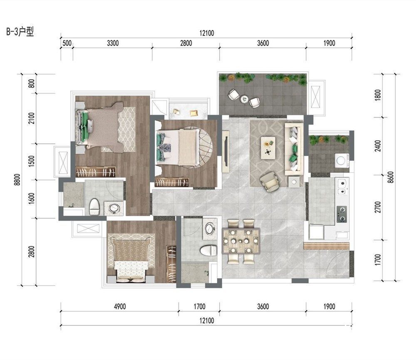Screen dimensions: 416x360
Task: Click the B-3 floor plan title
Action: point(20,32)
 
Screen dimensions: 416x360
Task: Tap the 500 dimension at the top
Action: point(67,43)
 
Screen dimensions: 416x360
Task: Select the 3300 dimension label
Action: point(113,43)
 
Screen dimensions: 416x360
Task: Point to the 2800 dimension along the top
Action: point(186,43)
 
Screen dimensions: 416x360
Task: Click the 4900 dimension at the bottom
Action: point(120,306)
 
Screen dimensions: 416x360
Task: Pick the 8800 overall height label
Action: point(17,180)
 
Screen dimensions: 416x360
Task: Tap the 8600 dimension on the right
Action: point(390,177)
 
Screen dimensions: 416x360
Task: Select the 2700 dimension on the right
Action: point(378,207)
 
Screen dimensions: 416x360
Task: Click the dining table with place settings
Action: point(241,241)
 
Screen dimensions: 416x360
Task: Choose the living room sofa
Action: point(294,149)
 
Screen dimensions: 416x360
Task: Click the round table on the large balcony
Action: point(244,99)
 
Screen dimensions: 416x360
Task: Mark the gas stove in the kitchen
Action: point(342,214)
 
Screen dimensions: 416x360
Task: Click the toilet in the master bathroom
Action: point(94,207)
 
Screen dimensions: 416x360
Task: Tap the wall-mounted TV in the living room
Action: point(226,151)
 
